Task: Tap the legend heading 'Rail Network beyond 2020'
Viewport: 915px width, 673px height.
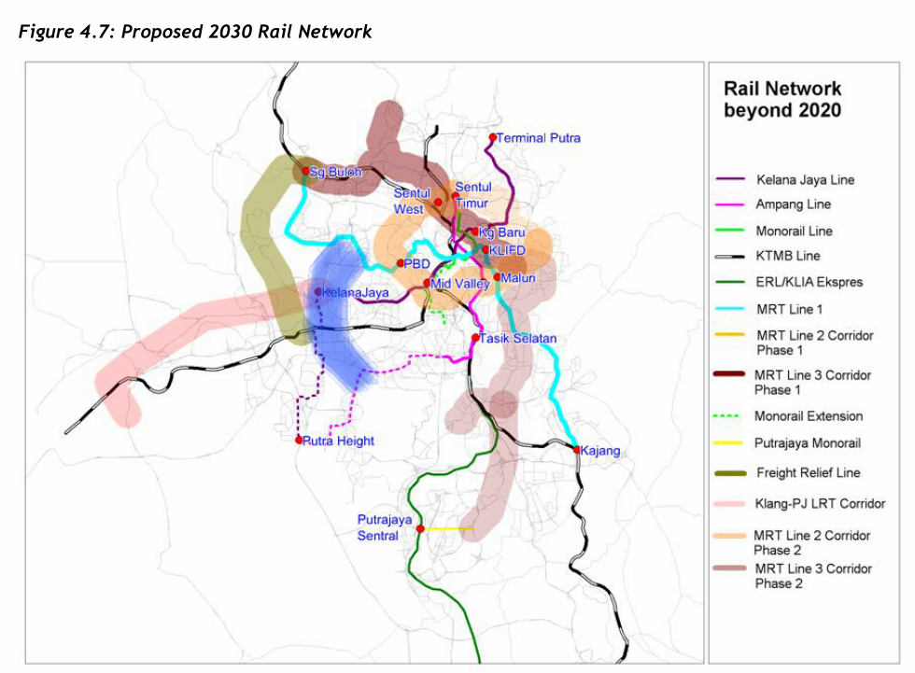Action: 782,99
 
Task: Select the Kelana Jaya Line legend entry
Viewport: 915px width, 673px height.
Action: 805,179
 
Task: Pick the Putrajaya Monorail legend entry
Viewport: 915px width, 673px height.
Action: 808,442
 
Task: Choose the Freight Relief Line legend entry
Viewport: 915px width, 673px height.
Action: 808,472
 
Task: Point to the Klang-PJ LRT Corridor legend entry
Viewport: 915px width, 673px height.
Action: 820,504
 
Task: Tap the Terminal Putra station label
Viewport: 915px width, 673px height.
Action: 539,138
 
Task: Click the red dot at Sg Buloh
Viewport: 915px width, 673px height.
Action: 305,171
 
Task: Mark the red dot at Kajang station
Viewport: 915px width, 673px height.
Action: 576,450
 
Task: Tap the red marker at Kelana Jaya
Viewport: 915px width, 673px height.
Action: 318,292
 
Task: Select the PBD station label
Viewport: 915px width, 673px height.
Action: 415,264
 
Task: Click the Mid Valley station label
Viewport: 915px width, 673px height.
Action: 460,283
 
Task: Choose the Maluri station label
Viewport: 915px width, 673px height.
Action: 516,277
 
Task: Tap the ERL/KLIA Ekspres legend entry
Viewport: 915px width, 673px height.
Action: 809,282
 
